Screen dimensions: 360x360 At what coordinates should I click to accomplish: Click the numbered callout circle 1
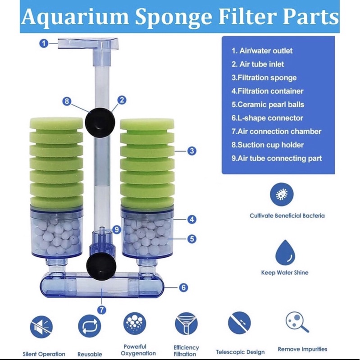[x=44, y=44]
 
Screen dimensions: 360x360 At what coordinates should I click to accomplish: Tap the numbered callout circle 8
[x=67, y=102]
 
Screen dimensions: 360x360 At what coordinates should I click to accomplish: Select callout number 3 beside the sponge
[x=192, y=151]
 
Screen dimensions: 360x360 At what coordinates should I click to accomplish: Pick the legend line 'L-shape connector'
[x=267, y=118]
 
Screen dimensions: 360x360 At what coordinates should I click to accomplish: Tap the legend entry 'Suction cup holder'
[x=268, y=145]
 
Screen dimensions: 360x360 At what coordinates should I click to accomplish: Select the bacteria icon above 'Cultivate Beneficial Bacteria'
[x=282, y=195]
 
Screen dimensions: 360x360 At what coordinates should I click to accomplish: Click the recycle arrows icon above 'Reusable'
[x=89, y=325]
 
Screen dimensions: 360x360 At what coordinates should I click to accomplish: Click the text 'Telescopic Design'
[x=240, y=352]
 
